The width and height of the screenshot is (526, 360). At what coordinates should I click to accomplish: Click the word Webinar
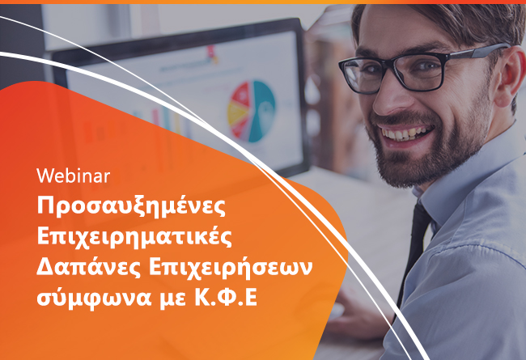(73, 176)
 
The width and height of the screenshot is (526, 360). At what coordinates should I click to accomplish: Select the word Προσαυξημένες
(131, 207)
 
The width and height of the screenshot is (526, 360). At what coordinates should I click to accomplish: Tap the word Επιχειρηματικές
(134, 237)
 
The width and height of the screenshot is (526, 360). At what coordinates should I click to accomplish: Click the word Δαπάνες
(88, 268)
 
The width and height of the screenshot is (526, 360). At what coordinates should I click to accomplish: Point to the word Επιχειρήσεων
(231, 268)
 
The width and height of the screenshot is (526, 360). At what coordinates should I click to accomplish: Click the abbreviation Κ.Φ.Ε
(226, 297)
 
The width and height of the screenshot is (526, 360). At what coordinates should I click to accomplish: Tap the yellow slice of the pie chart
(237, 113)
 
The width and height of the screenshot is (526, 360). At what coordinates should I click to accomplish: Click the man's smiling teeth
(404, 133)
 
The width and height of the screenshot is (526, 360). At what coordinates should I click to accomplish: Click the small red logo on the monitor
(212, 53)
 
